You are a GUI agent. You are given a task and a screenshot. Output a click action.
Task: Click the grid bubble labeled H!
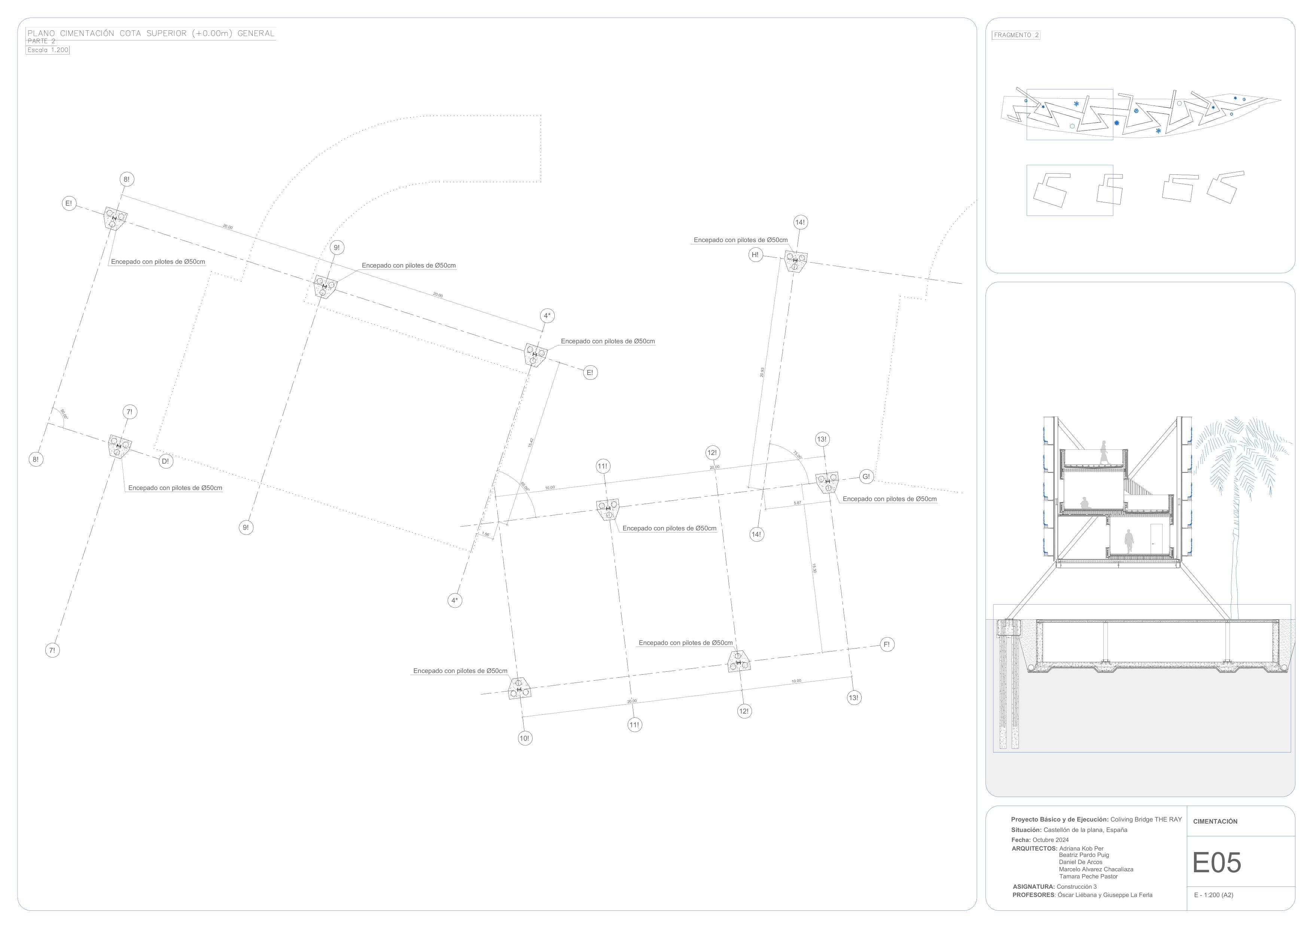click(x=755, y=255)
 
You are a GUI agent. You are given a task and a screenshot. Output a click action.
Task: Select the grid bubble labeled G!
click(x=866, y=477)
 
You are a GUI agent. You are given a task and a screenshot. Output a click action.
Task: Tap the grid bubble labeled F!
click(x=886, y=644)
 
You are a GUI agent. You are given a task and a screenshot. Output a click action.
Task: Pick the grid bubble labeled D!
click(x=165, y=461)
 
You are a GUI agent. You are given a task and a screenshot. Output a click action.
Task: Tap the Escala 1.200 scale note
click(x=48, y=50)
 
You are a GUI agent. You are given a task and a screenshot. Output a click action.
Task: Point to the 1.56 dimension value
click(x=485, y=535)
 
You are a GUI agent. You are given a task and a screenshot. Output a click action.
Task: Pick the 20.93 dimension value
click(x=762, y=372)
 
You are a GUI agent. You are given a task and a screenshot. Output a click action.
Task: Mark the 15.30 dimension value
click(x=814, y=568)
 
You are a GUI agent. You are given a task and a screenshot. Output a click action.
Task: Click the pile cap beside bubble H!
click(x=795, y=261)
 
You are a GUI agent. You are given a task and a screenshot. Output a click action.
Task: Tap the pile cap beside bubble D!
click(x=119, y=445)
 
